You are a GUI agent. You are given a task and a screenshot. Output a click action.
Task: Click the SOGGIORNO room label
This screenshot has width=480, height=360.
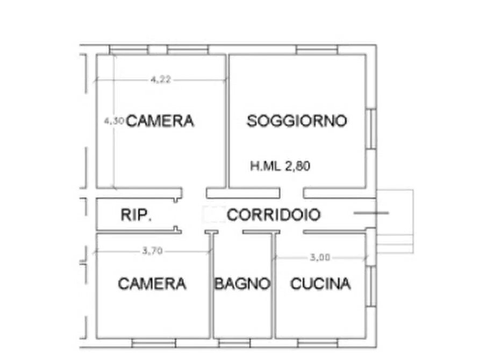pos(297,121)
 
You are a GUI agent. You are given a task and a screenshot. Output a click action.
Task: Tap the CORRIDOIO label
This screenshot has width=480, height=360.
pos(274,214)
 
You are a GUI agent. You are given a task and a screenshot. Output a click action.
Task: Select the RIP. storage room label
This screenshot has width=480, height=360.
pos(136,214)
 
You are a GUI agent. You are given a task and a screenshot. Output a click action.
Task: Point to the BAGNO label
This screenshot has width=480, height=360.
pos(242,284)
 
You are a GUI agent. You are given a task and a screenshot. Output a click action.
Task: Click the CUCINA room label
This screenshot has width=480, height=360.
pos(320,284)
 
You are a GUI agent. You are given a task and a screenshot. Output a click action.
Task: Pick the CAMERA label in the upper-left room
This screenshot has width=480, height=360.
pos(160,121)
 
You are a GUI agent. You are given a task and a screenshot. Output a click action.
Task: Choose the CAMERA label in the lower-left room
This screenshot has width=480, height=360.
pos(152,284)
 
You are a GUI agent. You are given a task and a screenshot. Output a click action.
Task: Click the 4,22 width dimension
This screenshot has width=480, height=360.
pos(161,80)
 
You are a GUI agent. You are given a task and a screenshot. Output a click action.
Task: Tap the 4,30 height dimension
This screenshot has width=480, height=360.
pos(114,121)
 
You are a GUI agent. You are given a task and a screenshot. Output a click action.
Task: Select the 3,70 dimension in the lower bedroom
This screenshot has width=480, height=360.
pos(153,251)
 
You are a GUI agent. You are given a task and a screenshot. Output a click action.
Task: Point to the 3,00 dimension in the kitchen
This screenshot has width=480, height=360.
pos(320,257)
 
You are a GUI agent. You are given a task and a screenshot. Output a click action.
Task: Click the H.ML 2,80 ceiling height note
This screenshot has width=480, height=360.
pos(280,166)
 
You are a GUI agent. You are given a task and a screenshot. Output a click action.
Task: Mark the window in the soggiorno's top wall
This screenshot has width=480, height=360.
pos(317,49)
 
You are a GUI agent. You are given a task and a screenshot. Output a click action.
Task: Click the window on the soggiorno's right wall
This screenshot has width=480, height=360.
pos(371,128)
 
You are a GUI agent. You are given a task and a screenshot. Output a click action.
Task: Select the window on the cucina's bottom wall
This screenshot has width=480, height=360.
pos(318,343)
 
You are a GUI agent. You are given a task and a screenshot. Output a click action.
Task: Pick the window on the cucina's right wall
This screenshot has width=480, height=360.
pos(371,286)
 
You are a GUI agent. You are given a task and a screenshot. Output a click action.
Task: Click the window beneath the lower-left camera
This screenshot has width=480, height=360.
pos(154,343)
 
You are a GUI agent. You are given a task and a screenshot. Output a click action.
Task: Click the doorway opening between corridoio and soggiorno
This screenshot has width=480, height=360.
pos(291,193)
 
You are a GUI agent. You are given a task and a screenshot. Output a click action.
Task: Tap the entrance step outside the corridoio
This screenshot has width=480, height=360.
pos(395,221)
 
